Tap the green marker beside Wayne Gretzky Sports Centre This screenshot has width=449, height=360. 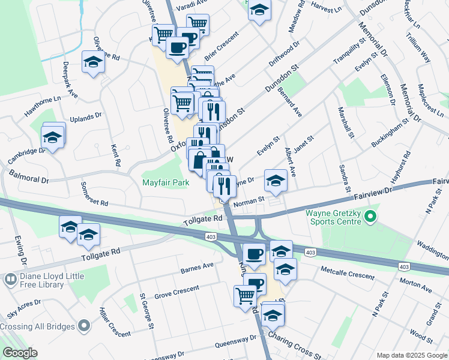click(x=370, y=215)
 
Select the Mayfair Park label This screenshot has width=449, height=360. click(x=166, y=182)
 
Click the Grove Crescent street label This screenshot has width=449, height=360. click(x=176, y=293)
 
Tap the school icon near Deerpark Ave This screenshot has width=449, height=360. click(x=93, y=62)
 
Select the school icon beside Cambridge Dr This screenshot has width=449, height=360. click(x=53, y=137)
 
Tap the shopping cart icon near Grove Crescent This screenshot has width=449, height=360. click(x=246, y=295)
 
